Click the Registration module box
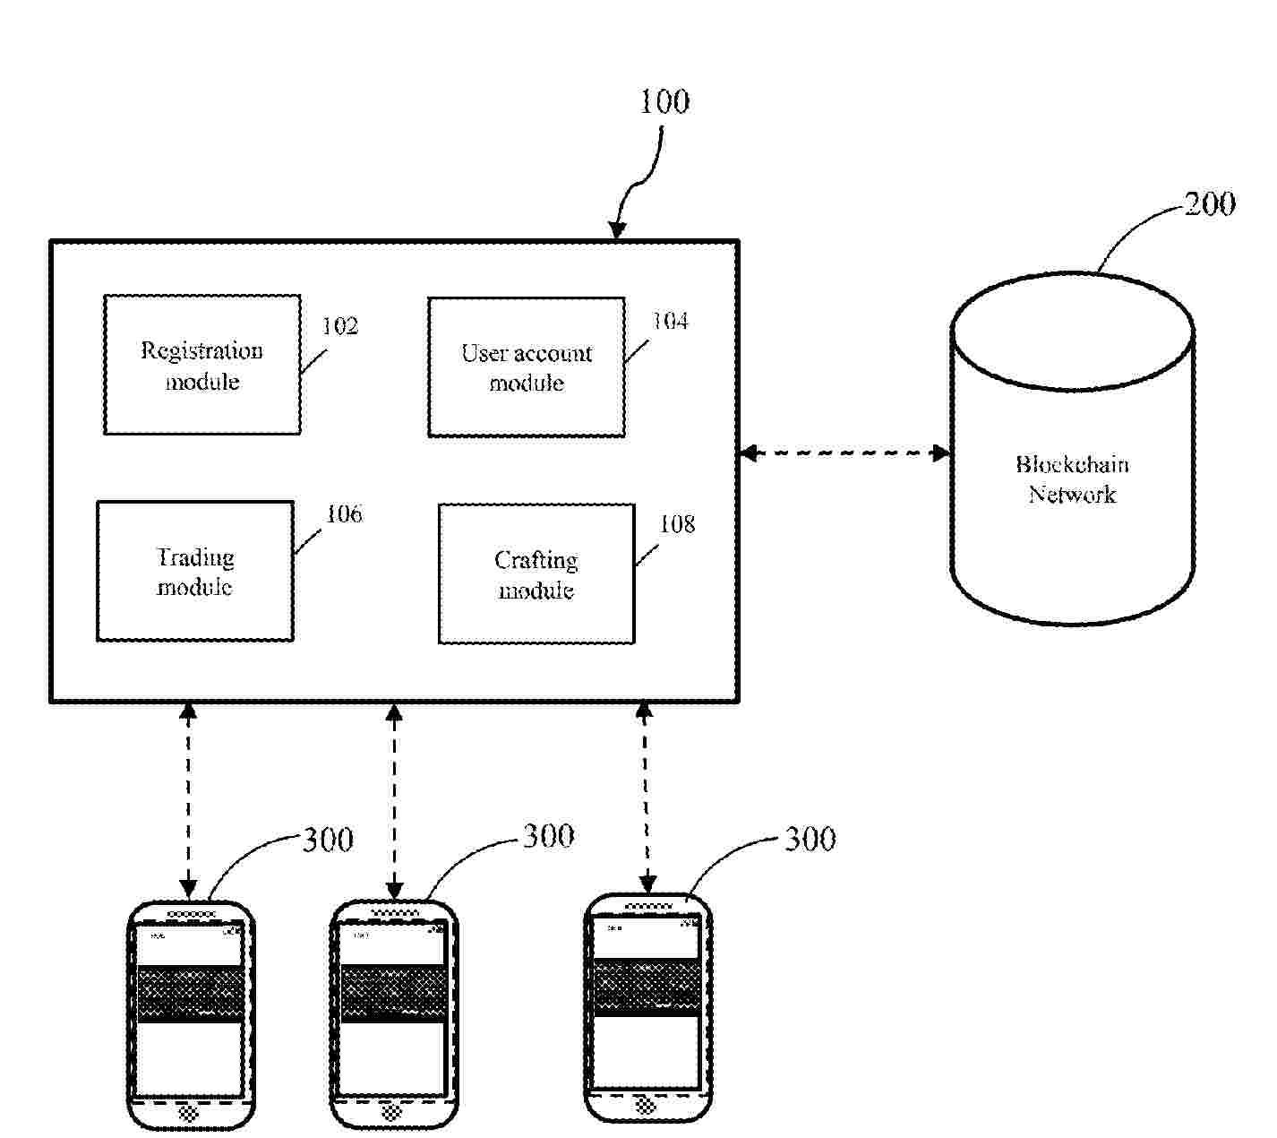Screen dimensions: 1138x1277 click(202, 365)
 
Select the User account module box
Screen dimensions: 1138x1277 click(527, 367)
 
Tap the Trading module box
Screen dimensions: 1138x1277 click(195, 571)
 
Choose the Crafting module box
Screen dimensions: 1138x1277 click(536, 573)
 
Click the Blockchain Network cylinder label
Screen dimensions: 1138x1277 click(1072, 479)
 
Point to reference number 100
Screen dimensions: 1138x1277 click(664, 102)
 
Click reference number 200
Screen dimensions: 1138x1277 click(1210, 204)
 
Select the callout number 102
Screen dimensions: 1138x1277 click(340, 326)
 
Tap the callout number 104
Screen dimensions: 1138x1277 click(670, 321)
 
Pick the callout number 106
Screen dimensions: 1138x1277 click(344, 514)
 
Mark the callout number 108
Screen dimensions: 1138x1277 click(677, 524)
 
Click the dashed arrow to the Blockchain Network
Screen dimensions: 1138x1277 click(844, 453)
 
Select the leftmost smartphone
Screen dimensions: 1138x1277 click(190, 1014)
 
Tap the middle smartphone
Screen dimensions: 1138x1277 click(394, 1014)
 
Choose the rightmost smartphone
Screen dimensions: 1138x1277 click(648, 1007)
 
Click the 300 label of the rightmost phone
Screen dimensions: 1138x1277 click(810, 840)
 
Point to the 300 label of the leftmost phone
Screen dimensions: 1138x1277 click(328, 841)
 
